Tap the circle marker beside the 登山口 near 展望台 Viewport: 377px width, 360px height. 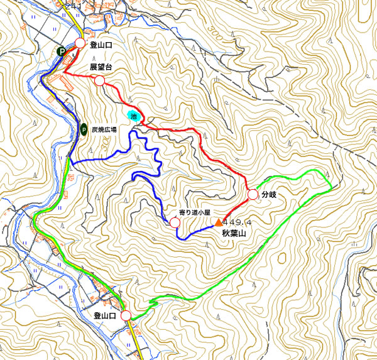pos(80,43)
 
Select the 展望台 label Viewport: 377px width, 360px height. pos(100,67)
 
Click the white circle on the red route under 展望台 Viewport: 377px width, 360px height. pos(99,80)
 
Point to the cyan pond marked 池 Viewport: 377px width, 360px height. pos(134,115)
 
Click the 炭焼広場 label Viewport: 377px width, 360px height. pos(104,129)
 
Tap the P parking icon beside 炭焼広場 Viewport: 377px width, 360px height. pos(83,129)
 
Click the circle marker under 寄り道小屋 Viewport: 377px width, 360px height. pos(175,222)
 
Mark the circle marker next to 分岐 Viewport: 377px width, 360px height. pos(253,195)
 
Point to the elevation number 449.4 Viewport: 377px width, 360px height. pos(237,222)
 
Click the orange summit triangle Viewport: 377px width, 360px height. pos(218,222)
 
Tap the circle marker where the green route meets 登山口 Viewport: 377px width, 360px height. pos(126,315)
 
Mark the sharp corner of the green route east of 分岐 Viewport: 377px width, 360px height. pos(332,184)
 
